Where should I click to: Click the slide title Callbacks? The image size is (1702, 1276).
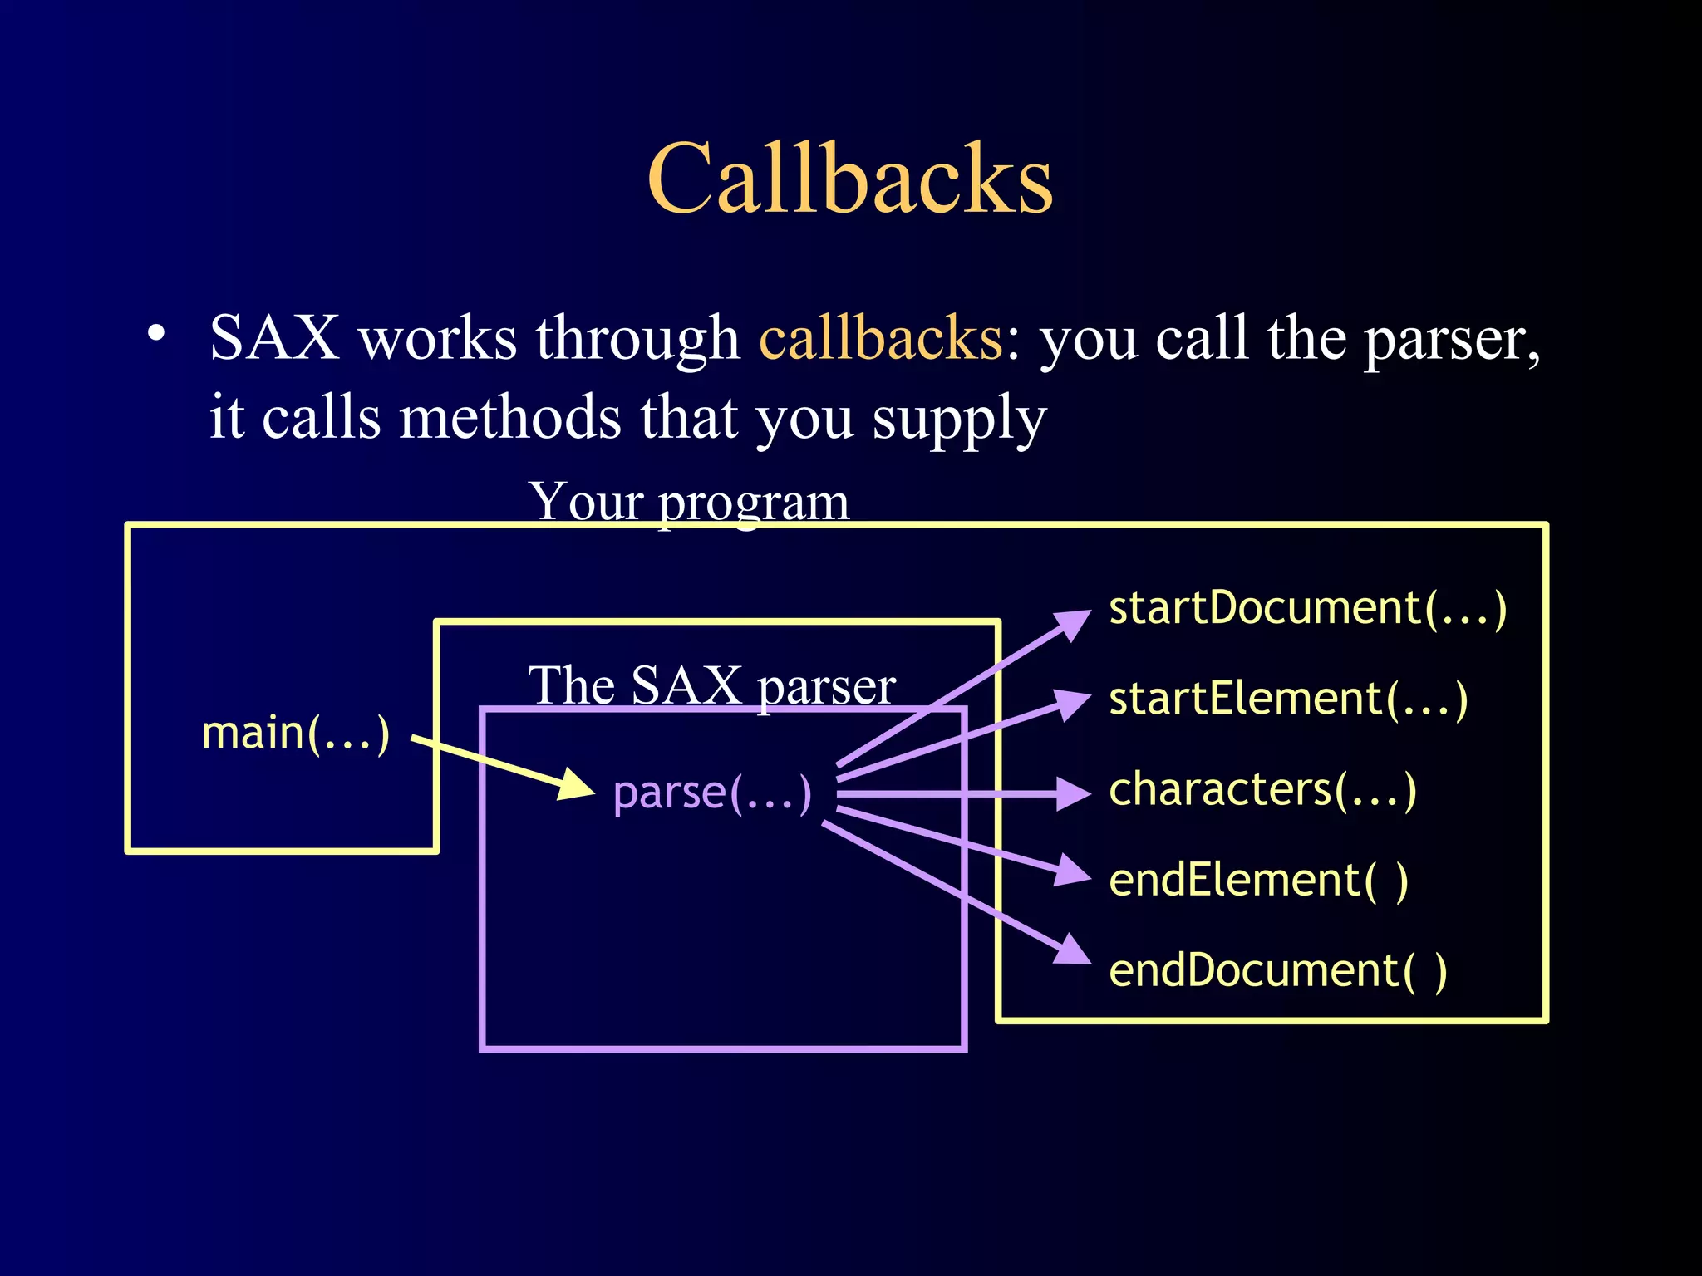pos(850,178)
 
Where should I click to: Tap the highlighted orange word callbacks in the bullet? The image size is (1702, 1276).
pos(881,339)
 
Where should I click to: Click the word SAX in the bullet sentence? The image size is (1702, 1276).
pos(274,339)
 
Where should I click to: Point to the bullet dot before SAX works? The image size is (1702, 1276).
pos(155,334)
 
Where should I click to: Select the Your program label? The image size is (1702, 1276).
pos(689,502)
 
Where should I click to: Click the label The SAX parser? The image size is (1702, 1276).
pos(712,686)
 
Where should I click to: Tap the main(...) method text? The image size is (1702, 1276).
pos(296,734)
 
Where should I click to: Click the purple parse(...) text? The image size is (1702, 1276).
pos(712,793)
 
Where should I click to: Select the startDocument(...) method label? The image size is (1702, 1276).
pos(1307,608)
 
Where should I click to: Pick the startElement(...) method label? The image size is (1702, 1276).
pos(1288,699)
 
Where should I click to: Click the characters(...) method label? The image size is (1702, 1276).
pos(1262,789)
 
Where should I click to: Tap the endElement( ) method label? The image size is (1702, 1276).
pos(1258,881)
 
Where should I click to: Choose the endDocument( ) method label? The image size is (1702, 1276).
pos(1277,971)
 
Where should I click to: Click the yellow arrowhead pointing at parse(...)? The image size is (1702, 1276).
pos(576,785)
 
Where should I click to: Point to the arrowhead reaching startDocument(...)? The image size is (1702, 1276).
pos(1074,623)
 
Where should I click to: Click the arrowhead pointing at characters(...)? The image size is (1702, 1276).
pos(1073,793)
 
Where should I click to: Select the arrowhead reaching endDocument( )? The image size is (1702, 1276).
pos(1074,952)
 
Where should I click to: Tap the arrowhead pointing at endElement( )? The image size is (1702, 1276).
pos(1073,871)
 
